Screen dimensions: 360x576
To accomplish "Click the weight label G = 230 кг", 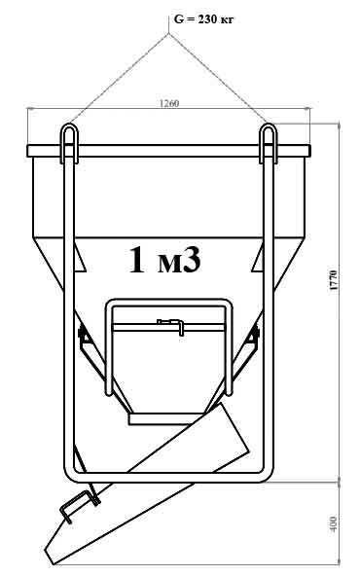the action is tap(203, 19).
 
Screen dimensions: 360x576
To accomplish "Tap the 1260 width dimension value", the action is tap(169, 103).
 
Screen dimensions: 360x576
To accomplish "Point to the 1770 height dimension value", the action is tap(334, 280).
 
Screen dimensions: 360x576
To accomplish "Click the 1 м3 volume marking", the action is tap(165, 260).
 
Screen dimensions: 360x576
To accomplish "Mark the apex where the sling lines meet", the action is tap(168, 34).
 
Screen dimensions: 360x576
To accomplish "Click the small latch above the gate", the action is tap(170, 326).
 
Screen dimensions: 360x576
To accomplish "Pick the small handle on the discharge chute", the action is tap(80, 506).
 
